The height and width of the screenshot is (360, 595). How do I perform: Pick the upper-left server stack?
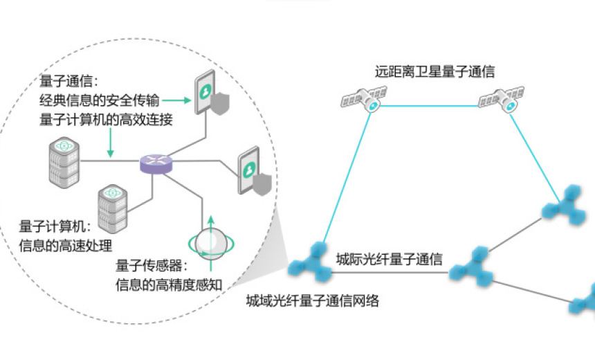[64, 162]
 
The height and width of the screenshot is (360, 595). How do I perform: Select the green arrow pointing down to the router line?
[108, 144]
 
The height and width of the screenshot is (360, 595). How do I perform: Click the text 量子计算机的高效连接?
[106, 120]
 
